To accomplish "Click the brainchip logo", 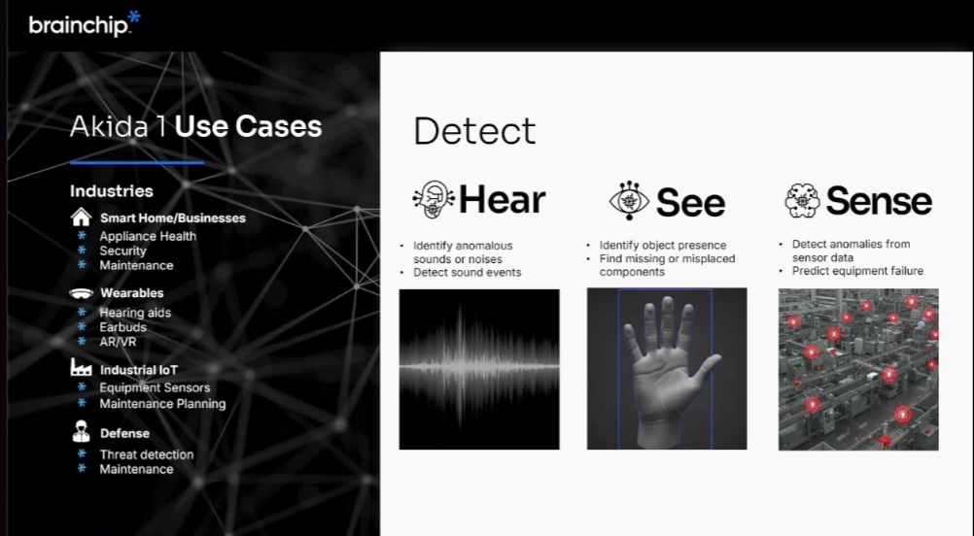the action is click(x=85, y=24).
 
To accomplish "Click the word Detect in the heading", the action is click(x=474, y=131).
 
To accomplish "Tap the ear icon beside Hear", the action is click(x=433, y=200).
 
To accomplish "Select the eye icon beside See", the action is click(x=629, y=201).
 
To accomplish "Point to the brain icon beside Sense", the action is click(x=803, y=200).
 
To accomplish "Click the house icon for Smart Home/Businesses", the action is click(x=82, y=218).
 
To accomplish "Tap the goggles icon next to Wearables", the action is click(x=82, y=293).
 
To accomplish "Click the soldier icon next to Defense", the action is click(x=82, y=431).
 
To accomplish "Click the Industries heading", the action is click(x=111, y=191).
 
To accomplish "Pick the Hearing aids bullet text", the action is click(x=135, y=313).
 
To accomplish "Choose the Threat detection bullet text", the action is click(x=147, y=454).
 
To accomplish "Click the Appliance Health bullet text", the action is click(x=148, y=236).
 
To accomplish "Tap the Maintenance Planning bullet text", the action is click(x=162, y=404).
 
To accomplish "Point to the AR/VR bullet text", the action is click(x=118, y=342).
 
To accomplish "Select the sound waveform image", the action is click(x=479, y=369).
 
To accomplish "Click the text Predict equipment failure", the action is click(x=857, y=271).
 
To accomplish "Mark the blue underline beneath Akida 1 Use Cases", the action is click(x=137, y=163).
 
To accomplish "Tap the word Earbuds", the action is click(x=123, y=327).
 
